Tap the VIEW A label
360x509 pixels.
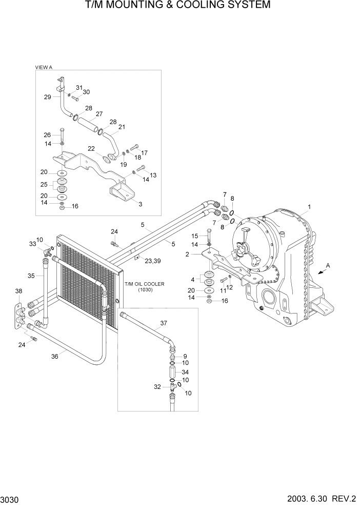[44, 67]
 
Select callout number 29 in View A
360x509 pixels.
[47, 97]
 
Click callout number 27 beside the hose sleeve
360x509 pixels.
[99, 114]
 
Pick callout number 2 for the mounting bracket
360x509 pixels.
[189, 253]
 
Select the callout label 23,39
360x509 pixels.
[152, 261]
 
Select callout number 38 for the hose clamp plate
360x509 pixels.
[18, 291]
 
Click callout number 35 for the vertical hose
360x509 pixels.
[31, 276]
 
